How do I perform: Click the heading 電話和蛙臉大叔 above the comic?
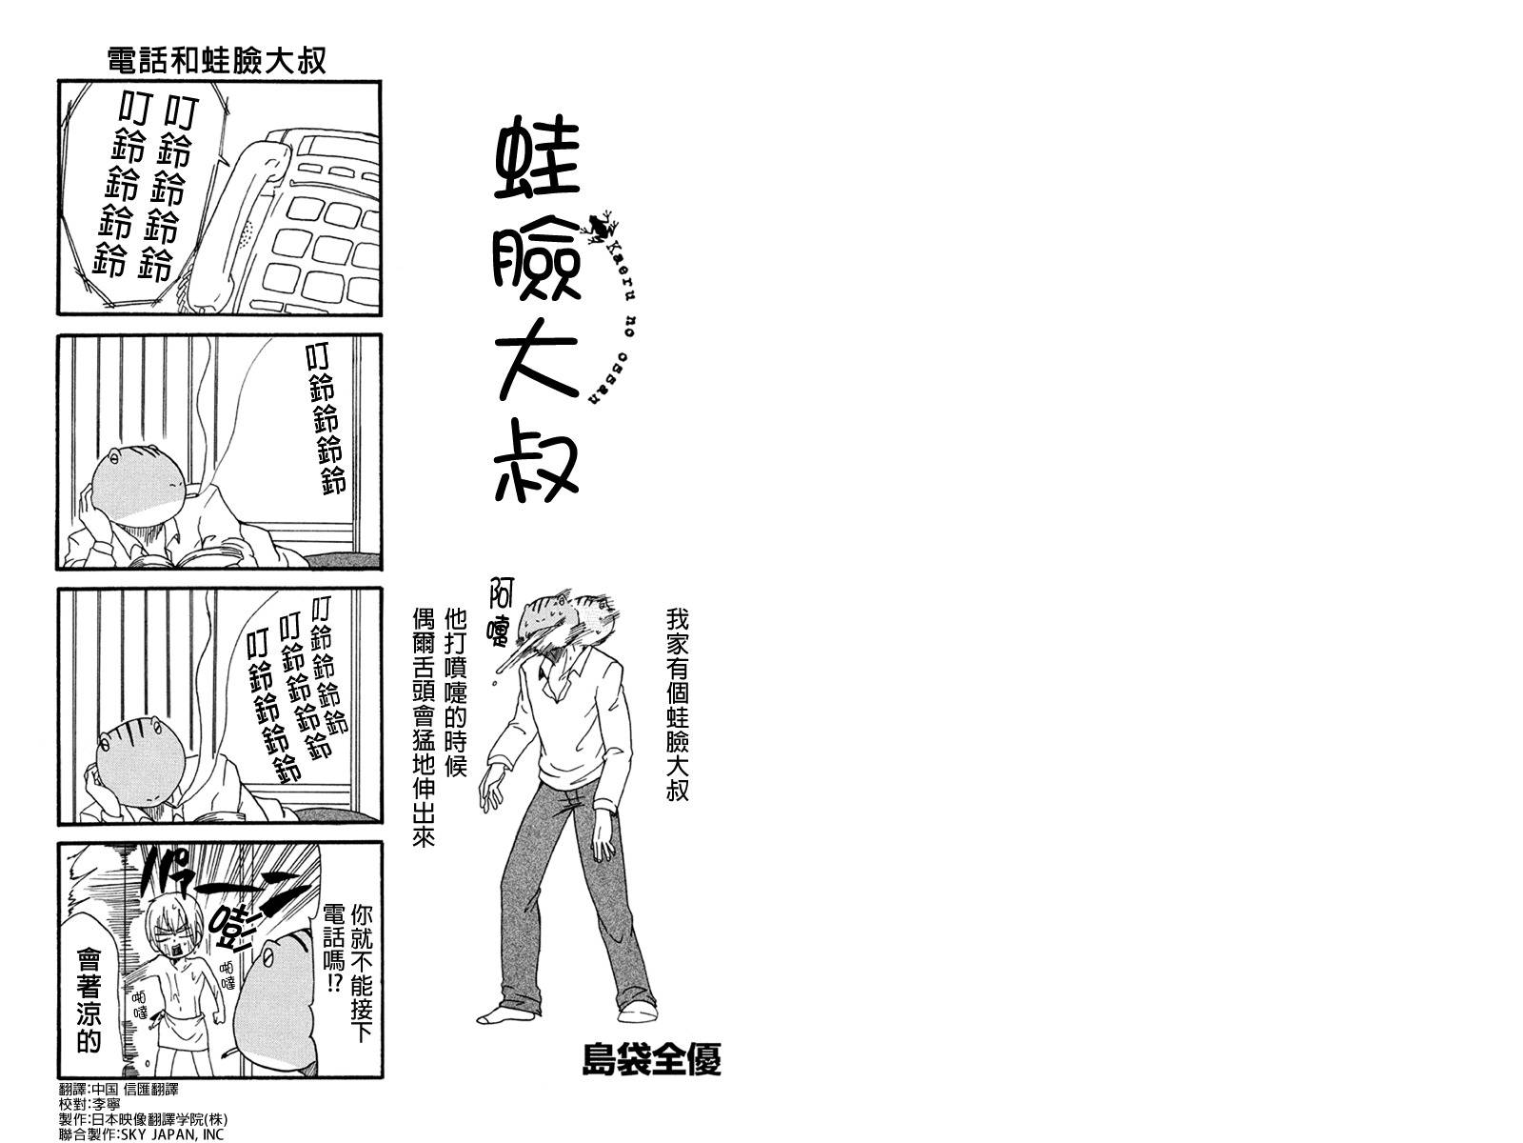(217, 61)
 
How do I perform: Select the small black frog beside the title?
(603, 227)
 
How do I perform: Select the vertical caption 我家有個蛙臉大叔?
(677, 705)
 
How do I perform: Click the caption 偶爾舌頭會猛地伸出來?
(423, 713)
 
